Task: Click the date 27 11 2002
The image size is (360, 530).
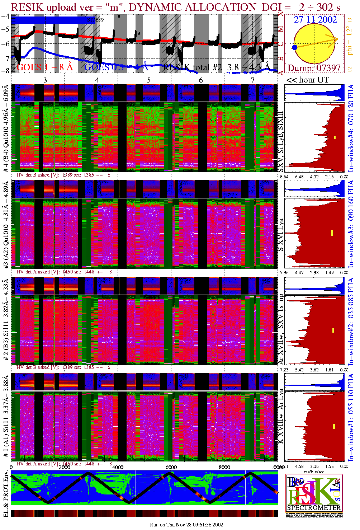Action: click(x=316, y=20)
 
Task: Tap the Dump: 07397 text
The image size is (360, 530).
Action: click(x=314, y=68)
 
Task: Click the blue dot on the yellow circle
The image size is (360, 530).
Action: click(x=295, y=47)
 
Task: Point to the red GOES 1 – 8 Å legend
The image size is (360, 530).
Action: click(x=44, y=67)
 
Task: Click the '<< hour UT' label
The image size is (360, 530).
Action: click(x=307, y=80)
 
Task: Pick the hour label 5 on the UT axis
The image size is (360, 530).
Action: click(x=149, y=80)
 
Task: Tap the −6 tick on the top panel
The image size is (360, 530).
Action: click(x=5, y=44)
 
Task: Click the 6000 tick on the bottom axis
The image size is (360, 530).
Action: click(x=171, y=467)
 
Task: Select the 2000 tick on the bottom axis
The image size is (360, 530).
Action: click(x=65, y=467)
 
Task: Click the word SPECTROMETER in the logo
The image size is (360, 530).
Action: click(x=314, y=507)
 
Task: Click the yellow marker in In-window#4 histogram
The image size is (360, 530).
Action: click(x=335, y=137)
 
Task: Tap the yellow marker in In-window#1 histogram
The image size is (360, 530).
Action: click(x=334, y=426)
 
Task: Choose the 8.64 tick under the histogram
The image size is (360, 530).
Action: click(x=284, y=177)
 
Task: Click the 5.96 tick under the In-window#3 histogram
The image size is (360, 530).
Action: click(x=284, y=272)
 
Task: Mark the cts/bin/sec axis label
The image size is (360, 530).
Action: click(x=312, y=471)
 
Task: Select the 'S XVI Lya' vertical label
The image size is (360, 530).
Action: click(x=281, y=235)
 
